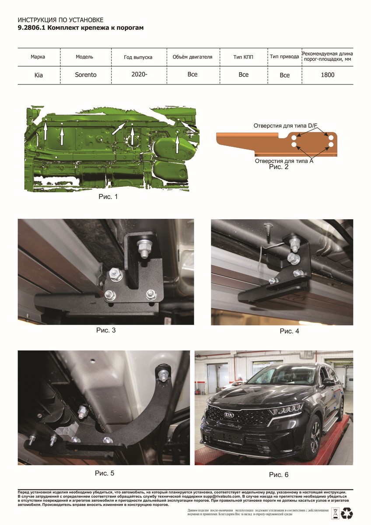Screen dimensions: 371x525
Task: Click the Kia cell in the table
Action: (x=38, y=75)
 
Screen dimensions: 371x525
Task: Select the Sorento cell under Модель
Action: (x=86, y=75)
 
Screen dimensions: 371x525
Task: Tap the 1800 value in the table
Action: (x=327, y=75)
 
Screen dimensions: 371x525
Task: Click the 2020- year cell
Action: (x=139, y=74)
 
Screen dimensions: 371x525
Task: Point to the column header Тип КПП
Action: (x=243, y=57)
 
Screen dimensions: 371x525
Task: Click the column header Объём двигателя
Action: (x=192, y=57)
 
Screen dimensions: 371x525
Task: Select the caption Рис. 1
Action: (x=108, y=196)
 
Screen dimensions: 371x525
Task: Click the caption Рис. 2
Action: (x=279, y=167)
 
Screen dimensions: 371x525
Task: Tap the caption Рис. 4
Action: (x=289, y=331)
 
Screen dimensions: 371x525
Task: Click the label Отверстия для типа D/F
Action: (x=285, y=126)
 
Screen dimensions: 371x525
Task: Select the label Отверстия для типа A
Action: (x=284, y=161)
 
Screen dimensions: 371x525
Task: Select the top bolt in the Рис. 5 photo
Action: (x=162, y=376)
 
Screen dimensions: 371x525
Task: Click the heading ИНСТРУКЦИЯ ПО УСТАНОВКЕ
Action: (x=60, y=20)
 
